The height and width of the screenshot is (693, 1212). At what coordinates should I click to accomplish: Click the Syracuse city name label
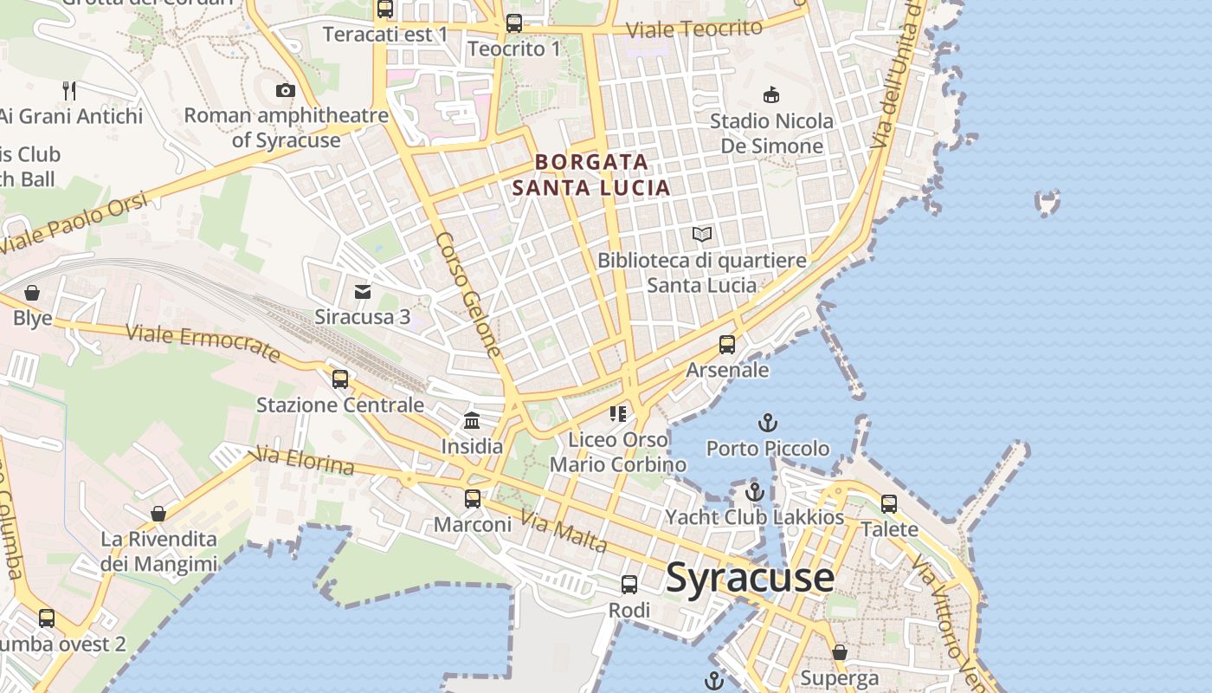pos(750,578)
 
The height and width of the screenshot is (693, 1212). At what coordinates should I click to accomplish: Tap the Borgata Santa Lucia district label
pos(591,174)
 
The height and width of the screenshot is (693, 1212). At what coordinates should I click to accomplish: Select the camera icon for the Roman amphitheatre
pos(285,90)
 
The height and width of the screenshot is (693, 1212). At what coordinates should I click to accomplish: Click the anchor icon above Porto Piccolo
pos(767,423)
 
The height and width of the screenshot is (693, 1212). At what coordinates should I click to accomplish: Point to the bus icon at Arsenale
pos(727,345)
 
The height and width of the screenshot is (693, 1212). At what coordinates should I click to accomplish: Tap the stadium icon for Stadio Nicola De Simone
pos(770,94)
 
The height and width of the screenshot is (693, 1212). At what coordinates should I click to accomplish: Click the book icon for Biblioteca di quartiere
pos(702,234)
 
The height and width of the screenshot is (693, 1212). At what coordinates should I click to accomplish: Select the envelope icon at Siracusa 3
pos(363,292)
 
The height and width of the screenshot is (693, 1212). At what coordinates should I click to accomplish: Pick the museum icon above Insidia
pos(472,421)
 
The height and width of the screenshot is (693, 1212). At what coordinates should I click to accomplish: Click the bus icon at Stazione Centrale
pos(340,379)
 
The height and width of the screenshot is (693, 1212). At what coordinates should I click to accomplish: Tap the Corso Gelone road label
pos(469,295)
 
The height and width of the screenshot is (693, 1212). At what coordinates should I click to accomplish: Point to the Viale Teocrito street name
pos(693,29)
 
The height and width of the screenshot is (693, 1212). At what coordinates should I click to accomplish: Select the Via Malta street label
pos(563,532)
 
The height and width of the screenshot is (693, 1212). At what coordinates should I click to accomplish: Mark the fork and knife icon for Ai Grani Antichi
pos(70,90)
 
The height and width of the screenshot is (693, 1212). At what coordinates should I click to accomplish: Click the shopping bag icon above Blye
pos(32,293)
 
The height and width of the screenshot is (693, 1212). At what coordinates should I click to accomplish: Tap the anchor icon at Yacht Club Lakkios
pos(755,492)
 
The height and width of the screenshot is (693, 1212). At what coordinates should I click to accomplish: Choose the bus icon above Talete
pos(889,504)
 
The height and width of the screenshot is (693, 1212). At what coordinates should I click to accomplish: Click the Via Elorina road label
pos(301,462)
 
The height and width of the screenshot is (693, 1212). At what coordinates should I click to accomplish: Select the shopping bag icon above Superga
pos(839,652)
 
